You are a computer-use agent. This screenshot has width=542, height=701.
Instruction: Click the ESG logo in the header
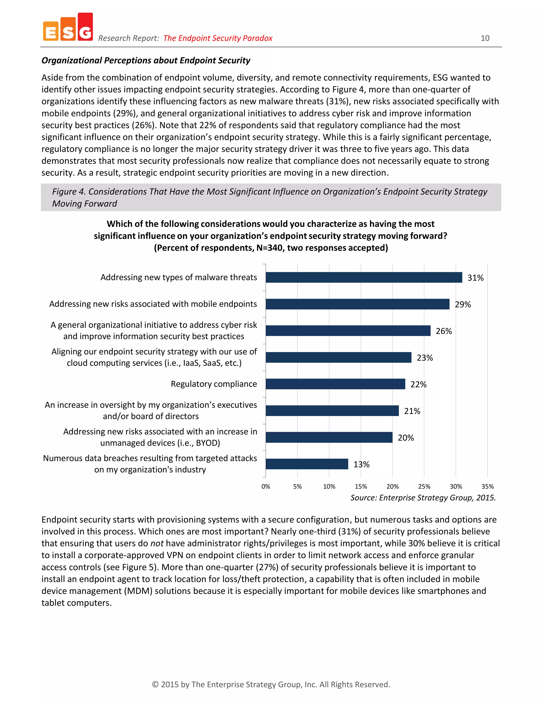(x=68, y=28)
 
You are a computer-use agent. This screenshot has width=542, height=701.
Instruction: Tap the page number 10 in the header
(x=485, y=38)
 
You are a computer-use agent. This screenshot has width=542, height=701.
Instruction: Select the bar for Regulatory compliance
(x=335, y=384)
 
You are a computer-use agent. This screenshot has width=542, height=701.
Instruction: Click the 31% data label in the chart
(x=475, y=278)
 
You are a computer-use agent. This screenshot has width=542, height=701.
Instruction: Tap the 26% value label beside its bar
(x=444, y=331)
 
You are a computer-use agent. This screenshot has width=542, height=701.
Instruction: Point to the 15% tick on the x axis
(x=361, y=486)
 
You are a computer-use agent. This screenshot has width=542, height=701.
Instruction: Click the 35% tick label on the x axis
(x=487, y=486)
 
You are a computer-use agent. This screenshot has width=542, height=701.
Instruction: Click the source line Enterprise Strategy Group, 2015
(x=423, y=498)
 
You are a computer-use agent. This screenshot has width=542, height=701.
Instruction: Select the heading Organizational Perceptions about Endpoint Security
(x=146, y=60)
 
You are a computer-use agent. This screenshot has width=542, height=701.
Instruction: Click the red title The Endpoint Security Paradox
(x=218, y=38)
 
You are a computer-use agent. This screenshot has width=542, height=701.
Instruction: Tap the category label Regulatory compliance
(x=214, y=384)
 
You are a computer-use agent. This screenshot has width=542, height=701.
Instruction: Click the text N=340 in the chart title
(x=269, y=248)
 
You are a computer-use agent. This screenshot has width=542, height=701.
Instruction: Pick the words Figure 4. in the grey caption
(x=69, y=192)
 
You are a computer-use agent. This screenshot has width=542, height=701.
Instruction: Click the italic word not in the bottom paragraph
(x=157, y=543)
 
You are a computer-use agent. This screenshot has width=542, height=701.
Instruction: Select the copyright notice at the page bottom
(x=271, y=684)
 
